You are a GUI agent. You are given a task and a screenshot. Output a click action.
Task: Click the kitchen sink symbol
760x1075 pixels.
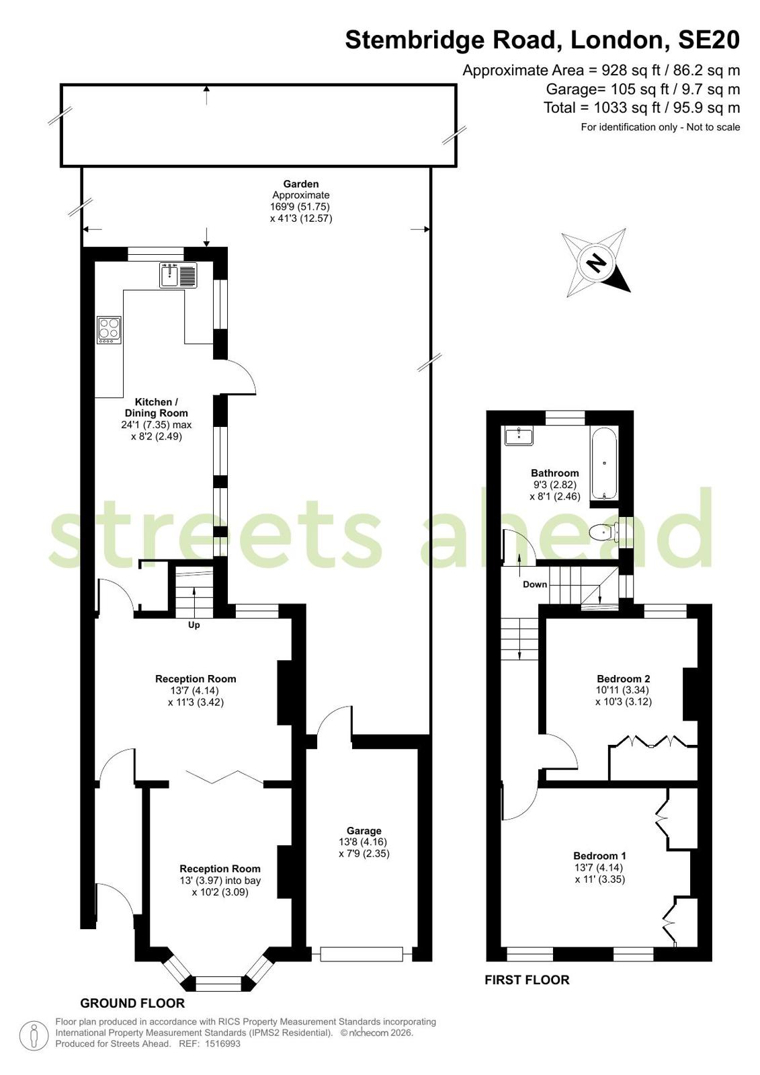(178, 275)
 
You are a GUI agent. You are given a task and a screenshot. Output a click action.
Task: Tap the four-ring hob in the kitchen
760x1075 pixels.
(109, 329)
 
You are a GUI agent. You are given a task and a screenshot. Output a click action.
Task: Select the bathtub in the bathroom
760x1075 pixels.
(604, 463)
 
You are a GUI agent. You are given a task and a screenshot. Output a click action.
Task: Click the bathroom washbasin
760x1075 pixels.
(519, 436)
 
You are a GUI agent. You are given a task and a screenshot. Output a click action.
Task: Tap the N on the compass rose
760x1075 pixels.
(597, 262)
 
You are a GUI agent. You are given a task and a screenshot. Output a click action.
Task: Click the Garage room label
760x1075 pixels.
(364, 831)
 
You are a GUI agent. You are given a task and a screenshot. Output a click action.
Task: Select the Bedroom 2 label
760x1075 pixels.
(624, 678)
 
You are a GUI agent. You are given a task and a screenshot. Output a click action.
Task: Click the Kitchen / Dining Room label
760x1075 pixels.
(157, 407)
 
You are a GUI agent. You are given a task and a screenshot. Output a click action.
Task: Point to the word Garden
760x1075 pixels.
(301, 184)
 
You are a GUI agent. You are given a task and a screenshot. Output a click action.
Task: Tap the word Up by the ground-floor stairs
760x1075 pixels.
(194, 625)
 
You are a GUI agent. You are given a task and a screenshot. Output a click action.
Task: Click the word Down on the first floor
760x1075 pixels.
(535, 584)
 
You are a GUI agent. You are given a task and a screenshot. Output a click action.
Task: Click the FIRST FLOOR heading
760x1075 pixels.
(527, 980)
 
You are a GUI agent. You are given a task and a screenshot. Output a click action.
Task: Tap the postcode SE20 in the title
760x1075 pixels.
(709, 40)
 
